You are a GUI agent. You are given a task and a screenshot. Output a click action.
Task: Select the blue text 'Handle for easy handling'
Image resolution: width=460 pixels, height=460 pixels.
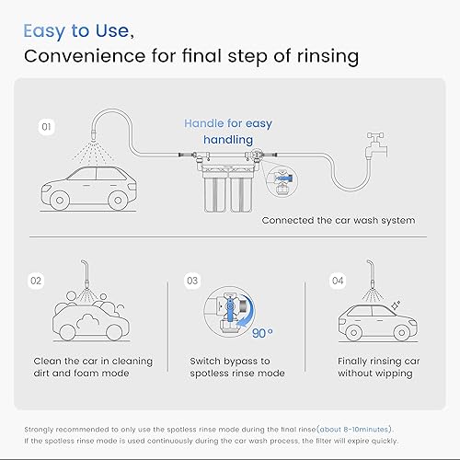(x=228, y=132)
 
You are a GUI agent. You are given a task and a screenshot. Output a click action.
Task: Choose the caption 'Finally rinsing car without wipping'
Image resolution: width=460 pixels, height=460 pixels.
(x=375, y=367)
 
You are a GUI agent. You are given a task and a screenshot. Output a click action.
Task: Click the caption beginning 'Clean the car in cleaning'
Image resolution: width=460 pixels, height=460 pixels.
(x=92, y=367)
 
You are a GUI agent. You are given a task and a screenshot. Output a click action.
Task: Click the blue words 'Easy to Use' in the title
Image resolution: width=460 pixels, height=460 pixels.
(x=75, y=30)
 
